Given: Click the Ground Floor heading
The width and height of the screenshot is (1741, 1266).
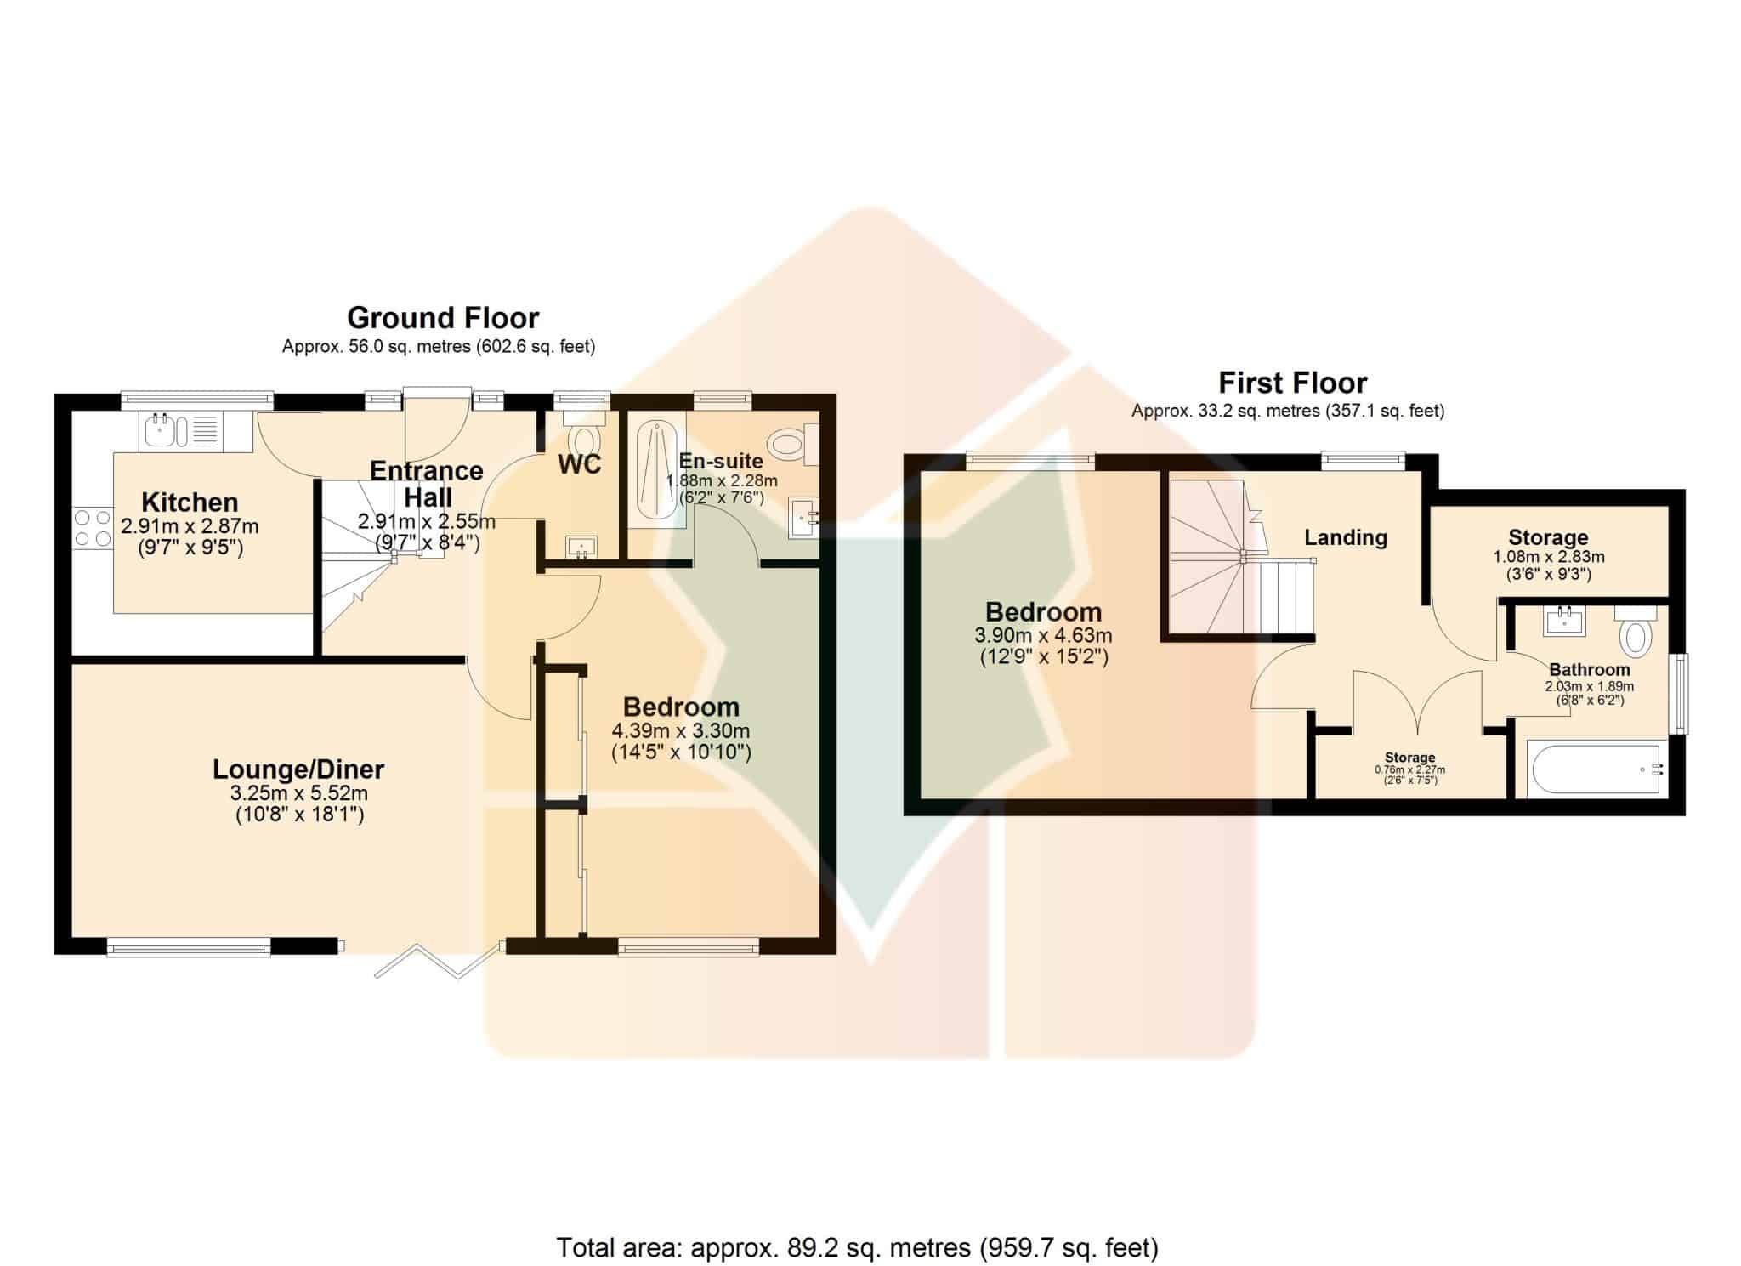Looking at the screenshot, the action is point(443,318).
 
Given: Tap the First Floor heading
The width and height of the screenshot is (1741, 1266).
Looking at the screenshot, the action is point(1293,383).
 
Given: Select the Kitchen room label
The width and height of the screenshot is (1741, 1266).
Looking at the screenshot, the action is point(190,502).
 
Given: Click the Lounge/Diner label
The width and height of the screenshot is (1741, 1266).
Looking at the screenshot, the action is point(298,769).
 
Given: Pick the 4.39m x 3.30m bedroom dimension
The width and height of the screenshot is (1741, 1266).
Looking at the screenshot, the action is point(681,731).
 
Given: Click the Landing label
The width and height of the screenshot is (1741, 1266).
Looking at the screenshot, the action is point(1346,537).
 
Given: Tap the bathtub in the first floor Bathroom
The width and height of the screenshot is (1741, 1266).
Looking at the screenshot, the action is point(1596,769).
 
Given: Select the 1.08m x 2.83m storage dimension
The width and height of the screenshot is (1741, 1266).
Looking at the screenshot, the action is point(1549,558).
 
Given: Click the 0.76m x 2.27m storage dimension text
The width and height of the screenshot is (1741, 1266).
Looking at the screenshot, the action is point(1409,770).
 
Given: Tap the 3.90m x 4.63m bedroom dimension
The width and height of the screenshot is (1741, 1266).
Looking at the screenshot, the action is point(1043,635).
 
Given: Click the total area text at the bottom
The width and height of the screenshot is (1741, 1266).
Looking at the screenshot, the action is point(857,1248).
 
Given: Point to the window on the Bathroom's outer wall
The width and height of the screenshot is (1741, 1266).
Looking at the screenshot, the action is point(1679,693).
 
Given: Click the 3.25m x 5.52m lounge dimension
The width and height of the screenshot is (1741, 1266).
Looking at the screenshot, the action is point(299,794).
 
